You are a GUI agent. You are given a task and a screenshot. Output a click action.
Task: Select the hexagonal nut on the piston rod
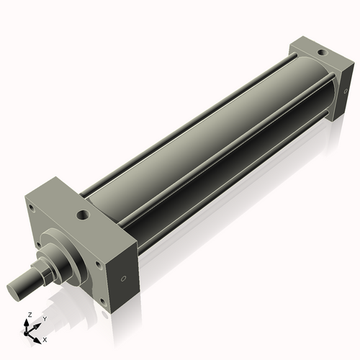pyautogui.click(x=42, y=273)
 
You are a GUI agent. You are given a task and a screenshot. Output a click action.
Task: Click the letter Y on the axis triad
pyautogui.click(x=44, y=318)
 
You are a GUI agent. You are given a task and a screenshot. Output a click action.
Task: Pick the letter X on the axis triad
pyautogui.click(x=45, y=338)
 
